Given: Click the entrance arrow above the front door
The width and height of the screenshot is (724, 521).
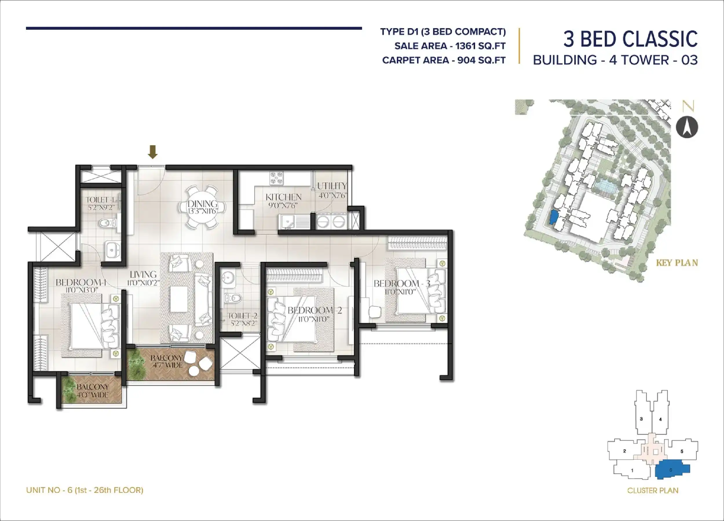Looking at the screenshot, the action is click(153, 152).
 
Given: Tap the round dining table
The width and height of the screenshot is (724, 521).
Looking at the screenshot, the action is click(202, 207).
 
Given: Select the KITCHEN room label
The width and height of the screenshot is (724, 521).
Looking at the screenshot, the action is click(284, 197).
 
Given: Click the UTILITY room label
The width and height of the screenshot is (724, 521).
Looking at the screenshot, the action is click(332, 186).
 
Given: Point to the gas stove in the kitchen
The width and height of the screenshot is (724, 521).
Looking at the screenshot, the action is click(277, 178).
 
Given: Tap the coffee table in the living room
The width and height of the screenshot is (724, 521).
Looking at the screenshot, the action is click(178, 299).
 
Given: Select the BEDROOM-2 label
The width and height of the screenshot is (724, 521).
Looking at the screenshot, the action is click(315, 310).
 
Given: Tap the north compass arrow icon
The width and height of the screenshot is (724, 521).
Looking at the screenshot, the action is click(687, 128).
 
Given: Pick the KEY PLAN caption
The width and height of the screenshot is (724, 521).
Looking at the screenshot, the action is click(677, 263).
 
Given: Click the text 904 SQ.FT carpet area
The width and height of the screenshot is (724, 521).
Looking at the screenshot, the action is click(481, 60).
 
